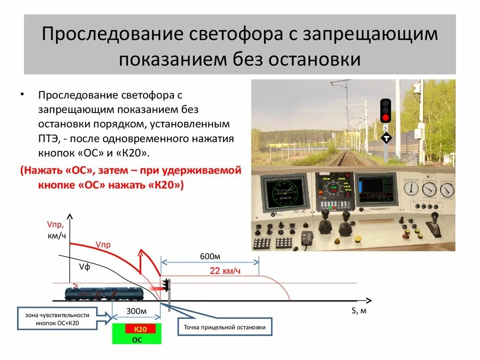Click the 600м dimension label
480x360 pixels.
(210, 256)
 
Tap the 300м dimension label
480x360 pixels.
(136, 311)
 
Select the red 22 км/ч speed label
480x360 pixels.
(225, 270)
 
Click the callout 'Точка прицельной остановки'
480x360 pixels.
(225, 327)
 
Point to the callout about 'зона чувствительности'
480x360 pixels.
(58, 319)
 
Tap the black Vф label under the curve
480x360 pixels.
(84, 267)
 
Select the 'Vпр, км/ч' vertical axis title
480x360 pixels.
(56, 230)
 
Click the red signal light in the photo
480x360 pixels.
(385, 117)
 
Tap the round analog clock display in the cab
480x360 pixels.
(285, 192)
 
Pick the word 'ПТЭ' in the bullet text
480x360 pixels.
(49, 139)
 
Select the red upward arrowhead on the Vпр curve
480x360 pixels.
(140, 253)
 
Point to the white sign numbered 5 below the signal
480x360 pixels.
(385, 127)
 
